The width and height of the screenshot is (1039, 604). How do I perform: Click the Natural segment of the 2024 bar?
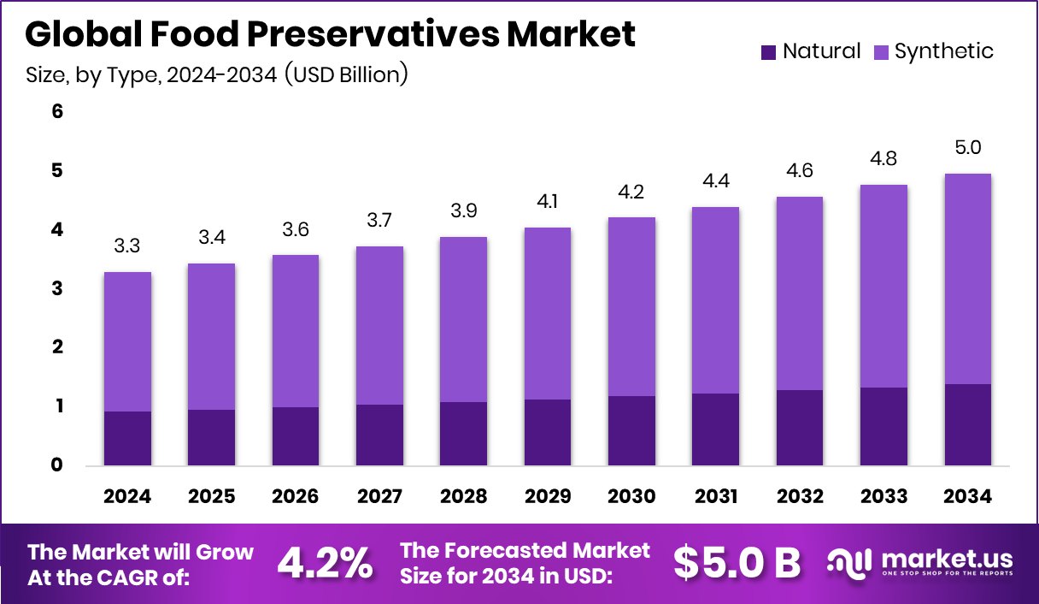click(127, 438)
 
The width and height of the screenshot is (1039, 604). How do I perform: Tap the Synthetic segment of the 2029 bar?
click(548, 313)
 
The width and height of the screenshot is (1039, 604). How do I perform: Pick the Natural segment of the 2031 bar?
click(715, 429)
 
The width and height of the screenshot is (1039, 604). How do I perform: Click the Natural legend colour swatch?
click(768, 52)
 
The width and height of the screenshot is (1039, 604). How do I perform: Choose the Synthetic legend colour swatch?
click(881, 52)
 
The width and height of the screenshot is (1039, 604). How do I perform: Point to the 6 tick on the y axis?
click(58, 111)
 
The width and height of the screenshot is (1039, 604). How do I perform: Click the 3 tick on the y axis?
click(58, 288)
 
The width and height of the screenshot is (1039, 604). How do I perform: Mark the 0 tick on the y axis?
click(58, 465)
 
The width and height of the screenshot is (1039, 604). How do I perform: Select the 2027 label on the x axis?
click(379, 497)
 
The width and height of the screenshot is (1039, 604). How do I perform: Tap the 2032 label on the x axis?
click(799, 497)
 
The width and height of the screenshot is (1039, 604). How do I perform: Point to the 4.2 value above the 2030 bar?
click(631, 192)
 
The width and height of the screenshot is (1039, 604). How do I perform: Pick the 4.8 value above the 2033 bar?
click(883, 160)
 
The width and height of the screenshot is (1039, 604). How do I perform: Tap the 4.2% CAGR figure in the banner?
click(326, 563)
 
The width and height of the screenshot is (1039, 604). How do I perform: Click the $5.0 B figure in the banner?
click(737, 562)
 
